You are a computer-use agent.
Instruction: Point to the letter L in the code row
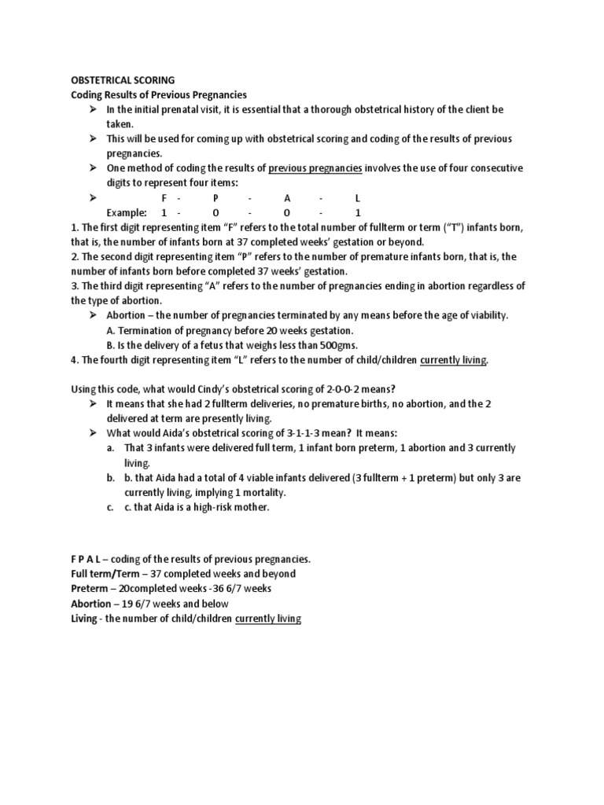[x=358, y=198]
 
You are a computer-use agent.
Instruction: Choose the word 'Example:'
[x=127, y=213]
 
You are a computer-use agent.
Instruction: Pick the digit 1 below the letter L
[x=358, y=213]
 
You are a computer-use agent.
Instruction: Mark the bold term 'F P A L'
[x=92, y=559]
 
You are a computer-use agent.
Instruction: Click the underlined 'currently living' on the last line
[x=268, y=619]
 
